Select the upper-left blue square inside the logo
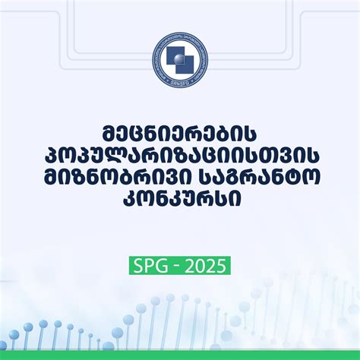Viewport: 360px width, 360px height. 172,52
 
